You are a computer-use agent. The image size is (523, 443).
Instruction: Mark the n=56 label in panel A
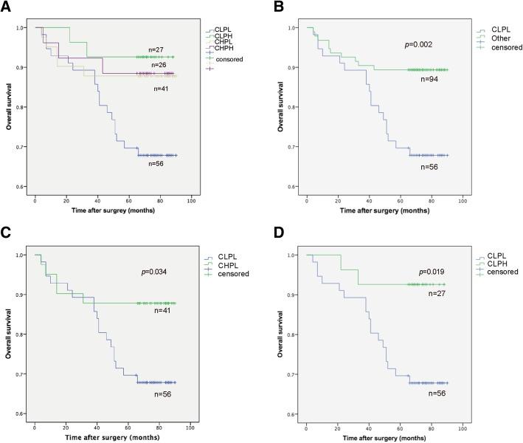coord(154,164)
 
